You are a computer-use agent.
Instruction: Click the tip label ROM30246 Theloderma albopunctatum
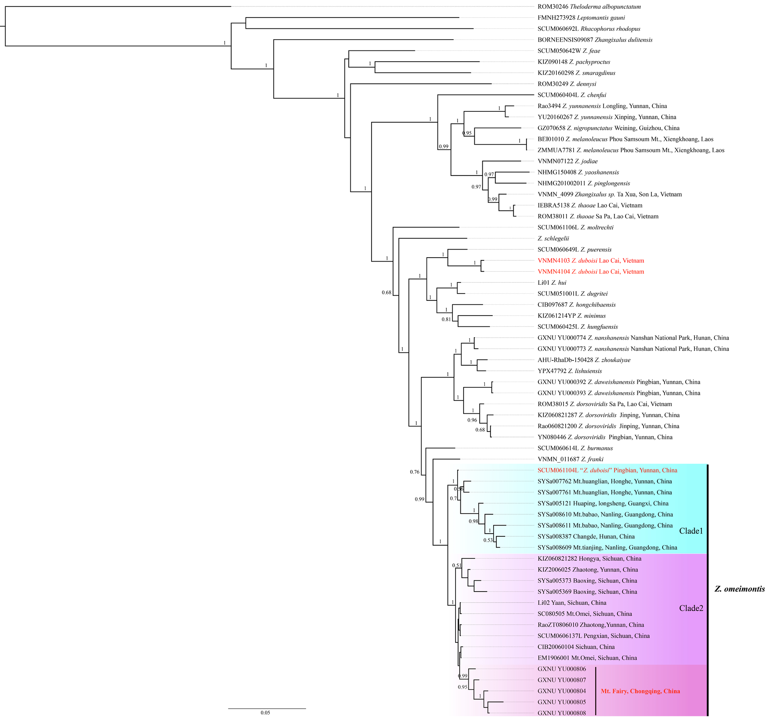589,7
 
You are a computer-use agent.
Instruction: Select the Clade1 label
691,531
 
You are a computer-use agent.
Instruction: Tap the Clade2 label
691,608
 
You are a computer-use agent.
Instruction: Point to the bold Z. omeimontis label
739,589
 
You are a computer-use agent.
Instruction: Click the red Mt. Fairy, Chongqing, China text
640,691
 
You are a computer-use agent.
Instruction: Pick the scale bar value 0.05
265,713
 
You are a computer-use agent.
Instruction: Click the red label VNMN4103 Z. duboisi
591,260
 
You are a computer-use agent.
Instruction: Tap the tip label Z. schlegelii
553,238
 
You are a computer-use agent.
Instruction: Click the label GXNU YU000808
562,713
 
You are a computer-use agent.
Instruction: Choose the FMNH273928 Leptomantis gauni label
581,18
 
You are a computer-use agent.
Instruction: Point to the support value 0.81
446,319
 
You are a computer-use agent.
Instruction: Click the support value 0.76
415,472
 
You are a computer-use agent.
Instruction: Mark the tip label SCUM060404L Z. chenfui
572,95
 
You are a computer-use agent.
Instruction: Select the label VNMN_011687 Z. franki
570,459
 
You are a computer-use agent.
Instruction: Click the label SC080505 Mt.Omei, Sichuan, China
585,614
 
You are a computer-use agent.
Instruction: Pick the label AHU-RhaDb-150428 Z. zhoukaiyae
584,360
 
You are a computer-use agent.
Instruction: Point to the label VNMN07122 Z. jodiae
567,161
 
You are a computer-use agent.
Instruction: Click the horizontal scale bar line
267,708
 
